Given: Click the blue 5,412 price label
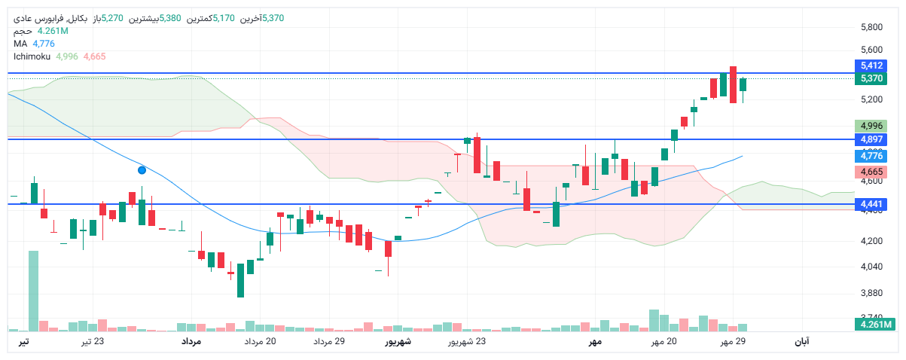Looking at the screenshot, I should (x=871, y=66).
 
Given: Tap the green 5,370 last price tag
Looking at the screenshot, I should (x=871, y=78).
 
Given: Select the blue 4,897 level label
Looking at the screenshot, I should (x=871, y=139).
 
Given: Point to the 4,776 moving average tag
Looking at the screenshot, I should (x=871, y=156).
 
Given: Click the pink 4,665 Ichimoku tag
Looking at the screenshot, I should (x=871, y=172).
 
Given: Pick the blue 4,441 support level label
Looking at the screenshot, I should (x=871, y=204).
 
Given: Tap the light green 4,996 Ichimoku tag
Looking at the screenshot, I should (x=871, y=126).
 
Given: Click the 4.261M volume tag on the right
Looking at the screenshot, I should (x=874, y=325).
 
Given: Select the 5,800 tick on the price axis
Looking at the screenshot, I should (x=871, y=28).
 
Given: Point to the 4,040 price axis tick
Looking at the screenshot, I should (x=871, y=267).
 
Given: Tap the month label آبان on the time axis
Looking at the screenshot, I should (x=802, y=342).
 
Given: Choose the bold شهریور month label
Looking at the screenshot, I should (x=398, y=342).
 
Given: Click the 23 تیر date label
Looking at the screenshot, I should (x=93, y=342).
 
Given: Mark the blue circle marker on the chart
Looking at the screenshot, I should (x=142, y=170).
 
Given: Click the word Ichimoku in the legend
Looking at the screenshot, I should (x=32, y=56).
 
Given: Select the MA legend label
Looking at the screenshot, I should (x=20, y=44).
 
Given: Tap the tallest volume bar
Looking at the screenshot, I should (x=33, y=291).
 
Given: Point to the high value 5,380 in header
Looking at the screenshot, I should (x=169, y=18).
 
